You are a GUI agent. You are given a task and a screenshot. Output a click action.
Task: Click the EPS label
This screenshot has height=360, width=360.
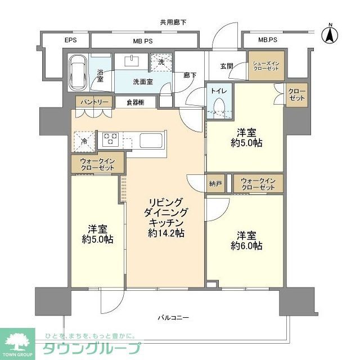[x=70, y=40]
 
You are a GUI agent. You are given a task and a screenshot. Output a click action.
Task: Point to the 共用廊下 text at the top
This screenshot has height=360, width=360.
[x=173, y=22]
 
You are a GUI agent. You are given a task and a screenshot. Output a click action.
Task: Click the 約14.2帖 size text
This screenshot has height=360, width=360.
[x=166, y=233]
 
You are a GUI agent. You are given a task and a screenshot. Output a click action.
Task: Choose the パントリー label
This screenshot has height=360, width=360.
[x=89, y=102]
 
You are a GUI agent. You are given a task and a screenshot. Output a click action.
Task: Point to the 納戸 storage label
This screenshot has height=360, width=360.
[x=214, y=183]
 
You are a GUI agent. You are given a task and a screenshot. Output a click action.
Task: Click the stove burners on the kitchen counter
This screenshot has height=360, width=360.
[x=109, y=138]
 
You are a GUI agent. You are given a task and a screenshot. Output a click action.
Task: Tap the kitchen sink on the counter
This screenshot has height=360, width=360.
[x=150, y=139]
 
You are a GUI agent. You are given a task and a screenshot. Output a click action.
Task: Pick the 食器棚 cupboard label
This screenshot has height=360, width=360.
[x=135, y=102]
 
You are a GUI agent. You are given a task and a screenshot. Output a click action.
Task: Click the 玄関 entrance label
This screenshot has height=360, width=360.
[x=227, y=66]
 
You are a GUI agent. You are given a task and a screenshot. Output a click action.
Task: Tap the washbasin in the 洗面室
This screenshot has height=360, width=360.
[x=133, y=61]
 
